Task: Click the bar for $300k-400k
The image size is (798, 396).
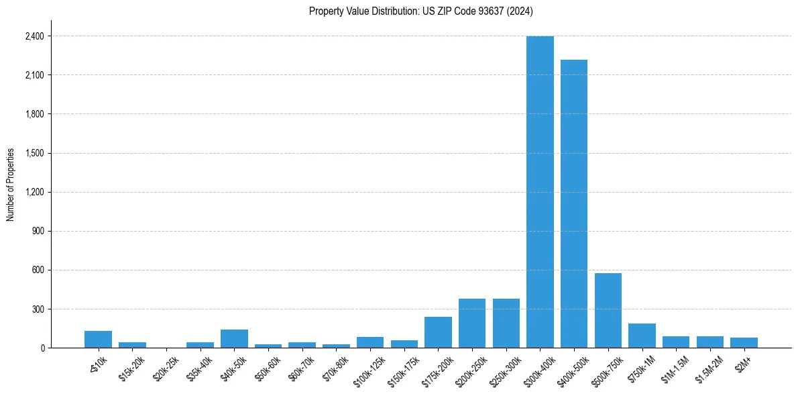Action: pyautogui.click(x=540, y=192)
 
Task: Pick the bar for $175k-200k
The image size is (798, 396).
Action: pyautogui.click(x=438, y=332)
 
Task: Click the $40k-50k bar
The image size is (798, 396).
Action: pyautogui.click(x=234, y=339)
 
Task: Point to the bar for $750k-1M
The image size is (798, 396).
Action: pyautogui.click(x=642, y=336)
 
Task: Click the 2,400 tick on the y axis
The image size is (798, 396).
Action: pyautogui.click(x=34, y=36)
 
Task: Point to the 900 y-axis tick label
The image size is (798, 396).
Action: pyautogui.click(x=38, y=232)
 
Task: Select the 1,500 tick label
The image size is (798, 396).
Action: pyautogui.click(x=34, y=153)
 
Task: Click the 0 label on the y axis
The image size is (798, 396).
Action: pyautogui.click(x=42, y=348)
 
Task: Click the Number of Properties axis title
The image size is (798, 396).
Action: pyautogui.click(x=10, y=185)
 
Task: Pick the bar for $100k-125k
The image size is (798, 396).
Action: pyautogui.click(x=370, y=342)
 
